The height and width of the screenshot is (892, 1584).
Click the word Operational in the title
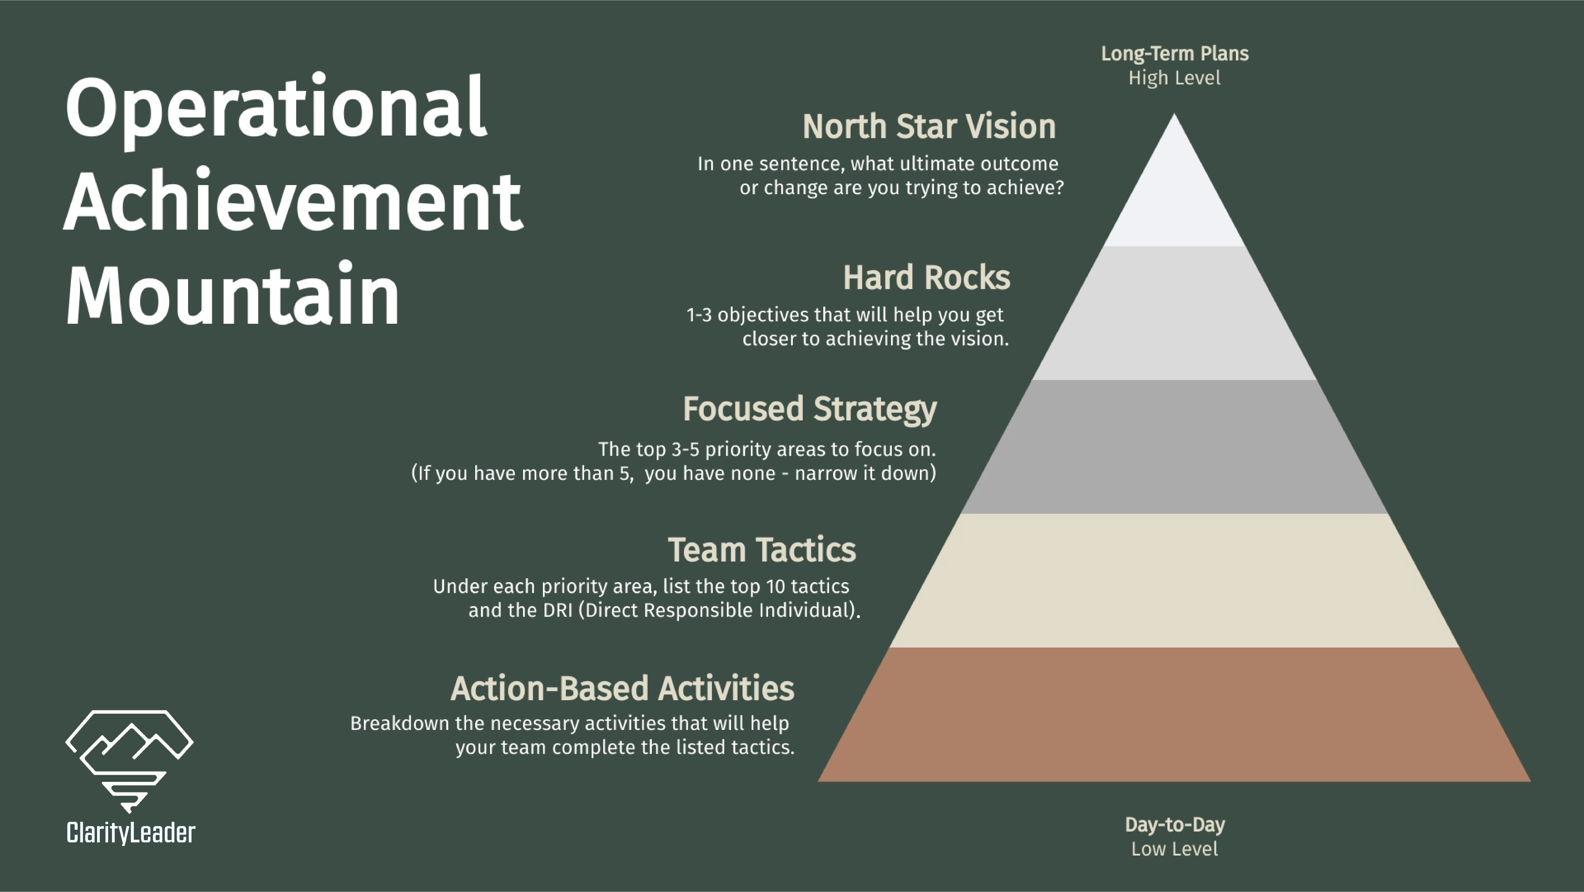[x=276, y=108]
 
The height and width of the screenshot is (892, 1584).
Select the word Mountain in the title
[x=232, y=295]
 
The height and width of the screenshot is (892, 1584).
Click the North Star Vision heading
[x=929, y=127]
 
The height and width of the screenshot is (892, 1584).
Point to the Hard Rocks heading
[x=926, y=277]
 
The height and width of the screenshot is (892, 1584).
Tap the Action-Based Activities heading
[x=622, y=688]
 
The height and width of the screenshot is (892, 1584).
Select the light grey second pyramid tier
[x=1174, y=314]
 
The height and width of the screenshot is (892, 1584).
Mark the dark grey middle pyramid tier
[x=1174, y=447]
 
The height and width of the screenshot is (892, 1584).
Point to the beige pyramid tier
[x=1174, y=581]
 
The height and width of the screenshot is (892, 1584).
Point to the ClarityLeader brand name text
[x=130, y=833]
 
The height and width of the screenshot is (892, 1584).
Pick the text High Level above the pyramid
[x=1175, y=78]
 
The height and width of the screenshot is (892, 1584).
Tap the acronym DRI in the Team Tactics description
[x=557, y=610]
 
